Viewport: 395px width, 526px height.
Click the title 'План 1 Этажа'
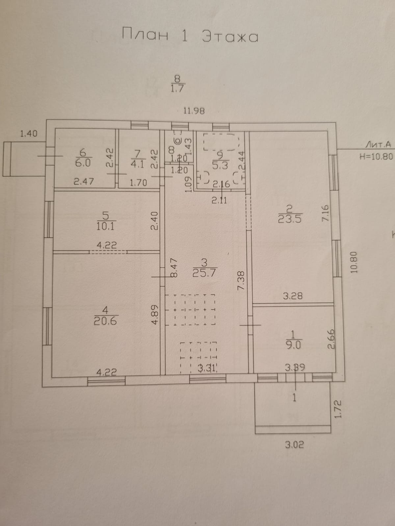click(x=190, y=36)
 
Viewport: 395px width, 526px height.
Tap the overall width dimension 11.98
click(x=194, y=111)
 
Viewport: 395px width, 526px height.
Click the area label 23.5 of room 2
click(x=290, y=219)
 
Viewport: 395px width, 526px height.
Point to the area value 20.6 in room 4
click(x=105, y=321)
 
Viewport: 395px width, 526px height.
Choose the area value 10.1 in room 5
click(x=106, y=226)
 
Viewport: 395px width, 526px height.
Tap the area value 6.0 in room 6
click(x=83, y=163)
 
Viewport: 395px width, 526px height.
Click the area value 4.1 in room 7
click(x=137, y=164)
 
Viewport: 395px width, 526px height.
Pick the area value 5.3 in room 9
click(x=220, y=165)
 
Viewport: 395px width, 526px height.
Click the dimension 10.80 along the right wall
click(x=354, y=262)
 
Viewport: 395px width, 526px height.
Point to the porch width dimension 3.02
click(x=294, y=445)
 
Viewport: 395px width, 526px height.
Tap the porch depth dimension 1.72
click(x=338, y=409)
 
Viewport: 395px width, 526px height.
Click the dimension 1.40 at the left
click(x=29, y=134)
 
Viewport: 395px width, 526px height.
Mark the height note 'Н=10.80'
click(x=376, y=156)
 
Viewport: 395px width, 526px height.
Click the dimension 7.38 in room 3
click(x=241, y=280)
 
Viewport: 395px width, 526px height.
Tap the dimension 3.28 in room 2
click(x=293, y=296)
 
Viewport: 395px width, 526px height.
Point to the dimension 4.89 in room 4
click(x=155, y=314)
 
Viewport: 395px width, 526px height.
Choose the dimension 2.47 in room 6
click(x=84, y=181)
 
